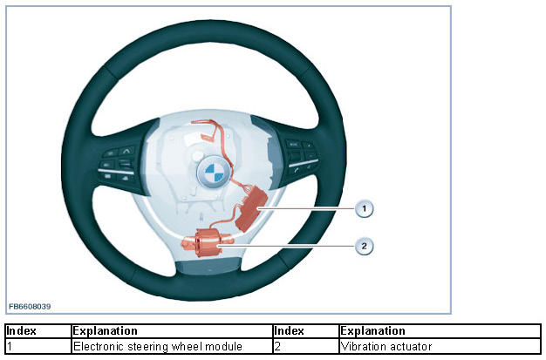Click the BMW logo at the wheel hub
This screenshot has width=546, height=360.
point(212,173)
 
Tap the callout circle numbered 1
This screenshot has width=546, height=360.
point(365,208)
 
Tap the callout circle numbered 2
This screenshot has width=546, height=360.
point(365,246)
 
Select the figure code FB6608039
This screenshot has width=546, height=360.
point(30,307)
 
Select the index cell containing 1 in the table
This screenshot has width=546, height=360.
point(38,346)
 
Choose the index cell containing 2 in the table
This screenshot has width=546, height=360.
point(305,346)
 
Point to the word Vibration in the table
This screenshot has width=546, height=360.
point(365,346)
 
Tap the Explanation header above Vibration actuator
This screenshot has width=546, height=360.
point(373,331)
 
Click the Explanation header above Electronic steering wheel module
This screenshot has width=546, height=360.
point(106,331)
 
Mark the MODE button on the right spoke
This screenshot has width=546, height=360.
point(294,143)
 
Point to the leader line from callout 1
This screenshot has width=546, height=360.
point(314,208)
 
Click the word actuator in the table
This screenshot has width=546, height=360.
point(412,346)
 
